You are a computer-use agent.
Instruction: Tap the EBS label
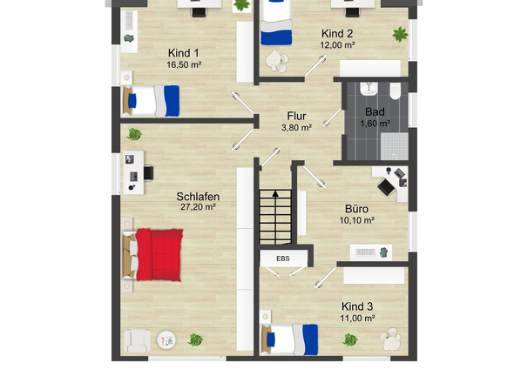coord(283,259)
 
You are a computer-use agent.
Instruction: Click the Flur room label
coord(296,116)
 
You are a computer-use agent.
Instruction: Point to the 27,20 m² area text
coord(198,207)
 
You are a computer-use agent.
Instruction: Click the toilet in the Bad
coord(396,91)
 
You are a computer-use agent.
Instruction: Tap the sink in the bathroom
coord(369,89)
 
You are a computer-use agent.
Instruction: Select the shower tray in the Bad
coord(395,146)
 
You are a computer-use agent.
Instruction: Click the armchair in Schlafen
coord(138,340)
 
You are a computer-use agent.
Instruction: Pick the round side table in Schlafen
coord(166,340)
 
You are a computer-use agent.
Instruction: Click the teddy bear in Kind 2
coord(277,61)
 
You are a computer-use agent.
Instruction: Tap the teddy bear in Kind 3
coord(390,339)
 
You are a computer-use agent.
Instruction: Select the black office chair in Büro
coord(386,187)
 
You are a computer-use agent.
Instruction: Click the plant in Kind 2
coord(400,35)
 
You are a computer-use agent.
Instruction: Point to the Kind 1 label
coord(183,53)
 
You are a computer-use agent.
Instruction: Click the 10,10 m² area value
coord(356,220)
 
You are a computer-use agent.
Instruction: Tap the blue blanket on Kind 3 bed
coord(310,339)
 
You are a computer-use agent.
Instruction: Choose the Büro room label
coord(356,209)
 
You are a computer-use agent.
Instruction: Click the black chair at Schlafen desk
coord(148,173)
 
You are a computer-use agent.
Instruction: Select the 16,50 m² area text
coord(184,65)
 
